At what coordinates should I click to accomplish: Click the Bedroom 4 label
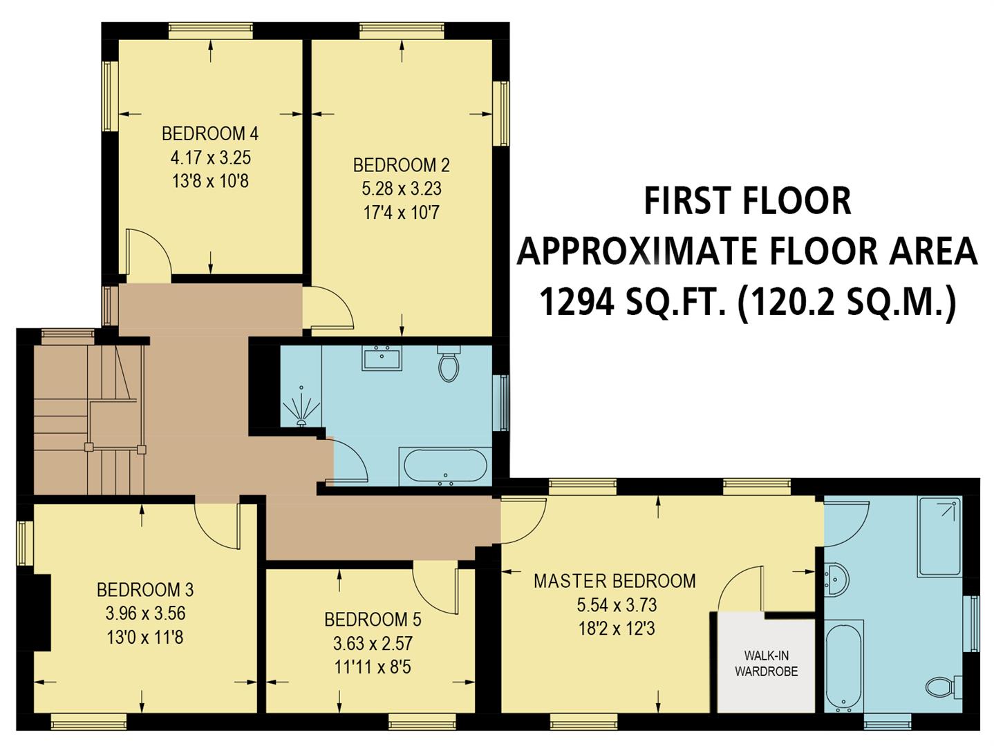pos(210,133)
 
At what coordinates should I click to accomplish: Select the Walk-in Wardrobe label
pos(766,663)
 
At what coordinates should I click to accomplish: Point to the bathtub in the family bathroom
pos(445,466)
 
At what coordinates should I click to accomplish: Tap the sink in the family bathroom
pos(382,358)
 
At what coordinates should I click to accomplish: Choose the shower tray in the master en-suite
pos(939,536)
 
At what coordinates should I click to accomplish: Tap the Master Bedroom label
pos(615,581)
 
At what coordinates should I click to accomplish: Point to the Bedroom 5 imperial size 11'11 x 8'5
pos(373,667)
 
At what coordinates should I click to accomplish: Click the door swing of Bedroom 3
pos(218,525)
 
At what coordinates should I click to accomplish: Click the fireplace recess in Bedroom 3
pos(41,613)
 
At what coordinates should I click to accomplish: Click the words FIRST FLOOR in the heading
pos(747,201)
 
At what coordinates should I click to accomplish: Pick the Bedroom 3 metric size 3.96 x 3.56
pos(145,613)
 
